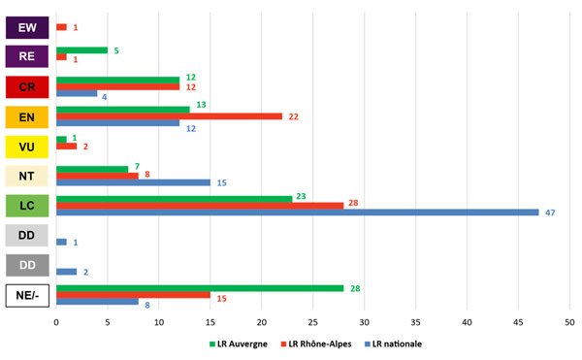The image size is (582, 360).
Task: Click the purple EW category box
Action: (x=28, y=27)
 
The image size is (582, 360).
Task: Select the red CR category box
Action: (x=28, y=87)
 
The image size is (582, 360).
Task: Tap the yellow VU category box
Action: (x=28, y=147)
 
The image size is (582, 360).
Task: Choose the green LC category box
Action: (x=28, y=206)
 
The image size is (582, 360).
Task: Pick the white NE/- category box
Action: (x=28, y=294)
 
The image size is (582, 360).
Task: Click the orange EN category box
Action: (x=28, y=116)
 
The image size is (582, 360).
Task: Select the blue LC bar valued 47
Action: (x=297, y=212)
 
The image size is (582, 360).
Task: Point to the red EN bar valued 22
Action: (x=169, y=116)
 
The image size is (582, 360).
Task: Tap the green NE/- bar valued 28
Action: (x=200, y=287)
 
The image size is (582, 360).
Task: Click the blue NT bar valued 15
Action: (x=133, y=182)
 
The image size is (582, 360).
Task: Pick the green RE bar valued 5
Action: (x=81, y=49)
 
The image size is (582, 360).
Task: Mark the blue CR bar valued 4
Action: (x=77, y=94)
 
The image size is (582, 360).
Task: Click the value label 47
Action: (x=550, y=212)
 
